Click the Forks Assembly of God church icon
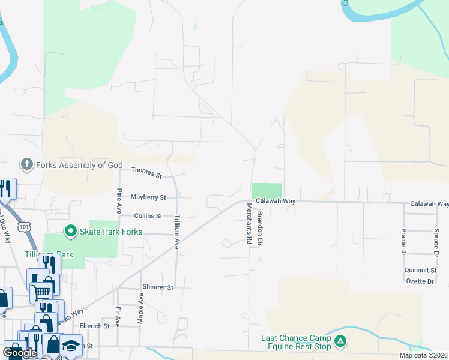coord(26,164)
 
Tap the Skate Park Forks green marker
coord(71,231)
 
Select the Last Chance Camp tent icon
coord(340,342)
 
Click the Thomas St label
coord(147,173)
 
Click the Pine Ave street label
coord(119,201)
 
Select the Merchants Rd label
coord(249,223)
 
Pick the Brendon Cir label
coord(260,229)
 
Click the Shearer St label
coord(158,287)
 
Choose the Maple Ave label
coord(140,308)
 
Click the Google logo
coord(20,353)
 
